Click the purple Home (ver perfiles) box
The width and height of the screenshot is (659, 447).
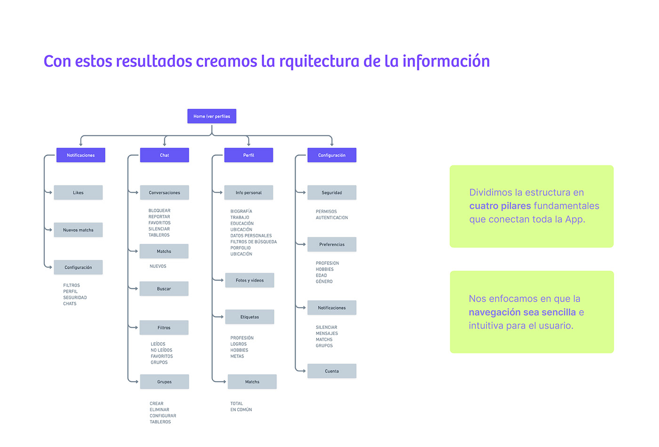coord(212,116)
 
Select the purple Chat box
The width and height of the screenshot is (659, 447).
coord(164,155)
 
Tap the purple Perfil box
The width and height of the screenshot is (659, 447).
coord(249,155)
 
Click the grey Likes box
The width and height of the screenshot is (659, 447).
coord(78,192)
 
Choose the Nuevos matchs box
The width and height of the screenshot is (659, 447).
coord(78,230)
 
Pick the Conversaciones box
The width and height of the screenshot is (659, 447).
coord(164,192)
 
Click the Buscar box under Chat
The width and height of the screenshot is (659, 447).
coord(164,289)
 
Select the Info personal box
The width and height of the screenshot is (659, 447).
coord(249,192)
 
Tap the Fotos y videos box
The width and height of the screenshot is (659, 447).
coord(249,280)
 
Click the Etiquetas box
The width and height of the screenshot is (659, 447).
coord(249,317)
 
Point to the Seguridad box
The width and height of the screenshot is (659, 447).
coord(332,192)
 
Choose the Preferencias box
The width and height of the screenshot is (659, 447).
coord(332,244)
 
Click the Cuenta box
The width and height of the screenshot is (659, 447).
coord(332,371)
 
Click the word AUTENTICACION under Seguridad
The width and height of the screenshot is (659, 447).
coord(332,217)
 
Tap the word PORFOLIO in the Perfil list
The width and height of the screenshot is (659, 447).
coord(241,248)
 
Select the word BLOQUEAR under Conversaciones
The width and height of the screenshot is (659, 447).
coord(160,211)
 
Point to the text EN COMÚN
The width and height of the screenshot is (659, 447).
coord(241,410)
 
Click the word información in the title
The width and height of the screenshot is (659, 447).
coord(446,61)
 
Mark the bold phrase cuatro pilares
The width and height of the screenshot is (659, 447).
coord(500,206)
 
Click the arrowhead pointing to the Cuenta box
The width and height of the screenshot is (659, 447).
coord(304,371)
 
